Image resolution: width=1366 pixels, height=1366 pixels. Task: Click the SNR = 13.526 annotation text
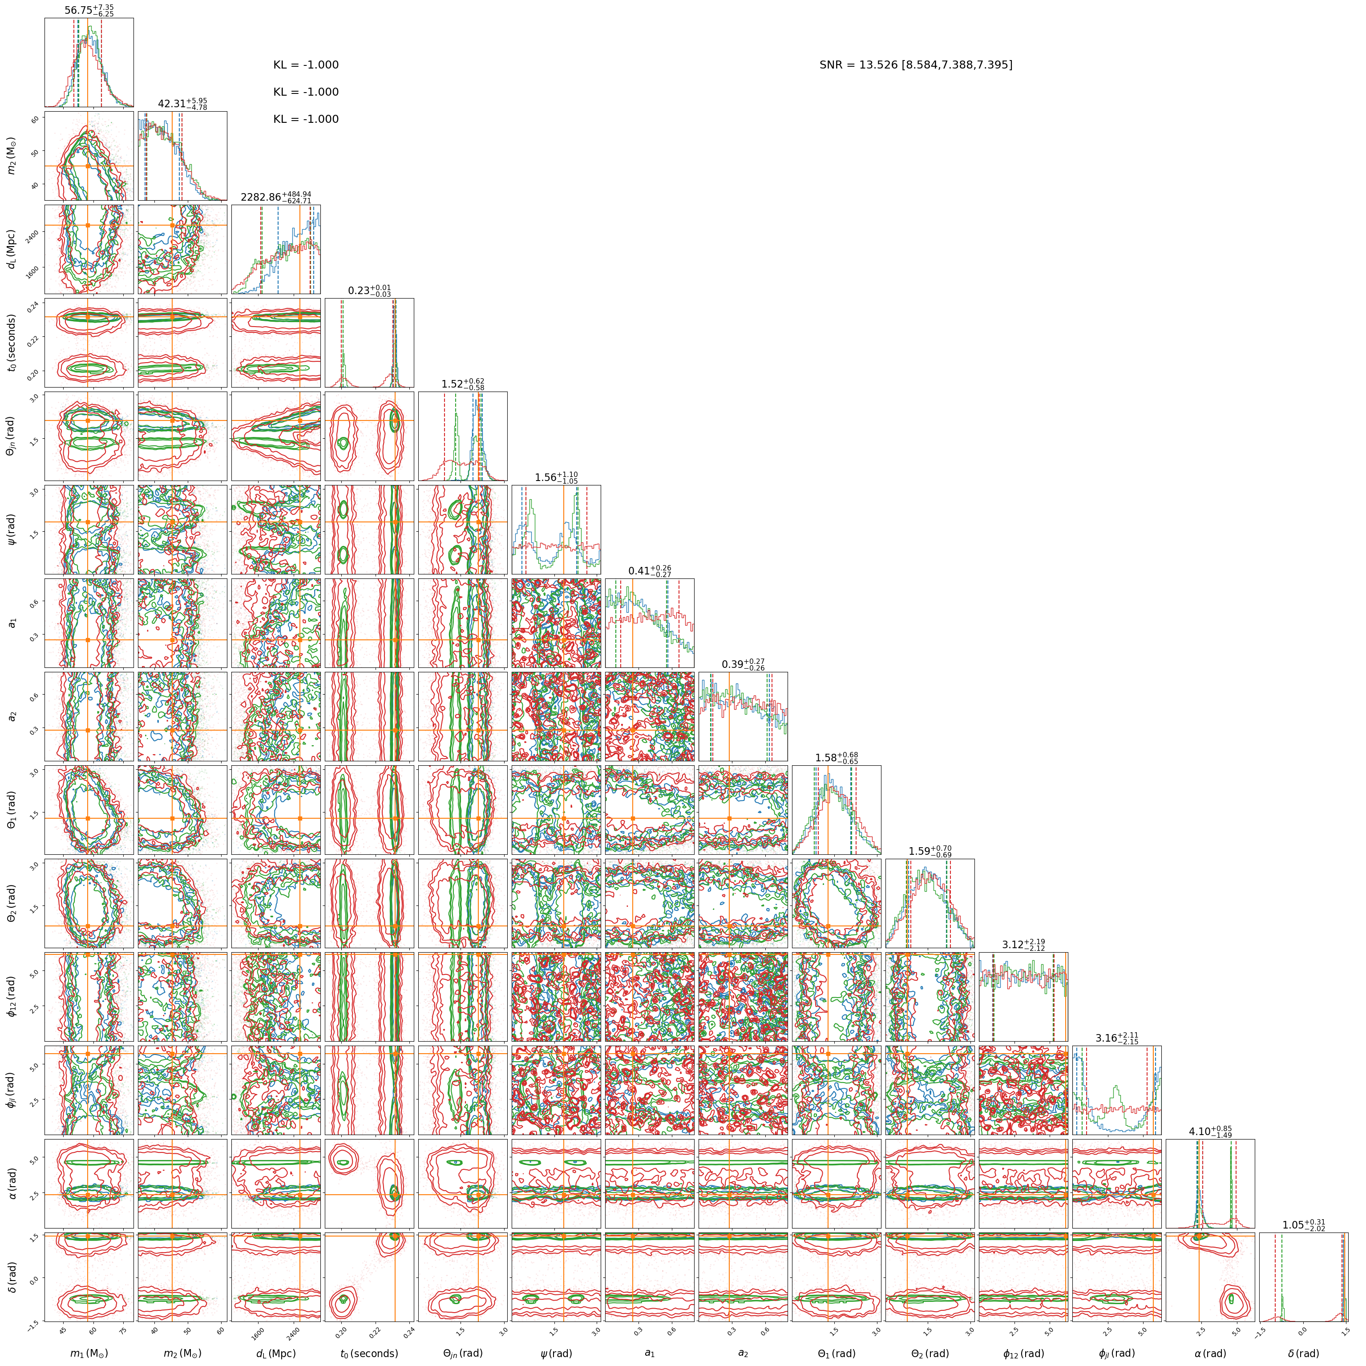916,65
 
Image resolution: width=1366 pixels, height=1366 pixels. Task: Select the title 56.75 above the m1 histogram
89,9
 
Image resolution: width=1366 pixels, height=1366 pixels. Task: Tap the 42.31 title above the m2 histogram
182,103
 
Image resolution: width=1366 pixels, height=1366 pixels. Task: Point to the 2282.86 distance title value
276,197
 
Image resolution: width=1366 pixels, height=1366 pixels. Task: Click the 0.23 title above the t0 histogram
369,291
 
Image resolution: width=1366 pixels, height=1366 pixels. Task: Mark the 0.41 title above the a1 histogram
650,570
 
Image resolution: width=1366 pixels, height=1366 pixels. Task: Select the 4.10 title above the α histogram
1210,1131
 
